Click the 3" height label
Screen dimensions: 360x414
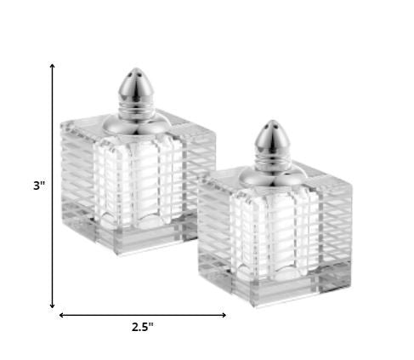[39, 185]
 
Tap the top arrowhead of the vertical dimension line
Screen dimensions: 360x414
[53, 66]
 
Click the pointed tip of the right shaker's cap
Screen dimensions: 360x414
[269, 123]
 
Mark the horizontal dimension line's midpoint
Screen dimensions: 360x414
[142, 315]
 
